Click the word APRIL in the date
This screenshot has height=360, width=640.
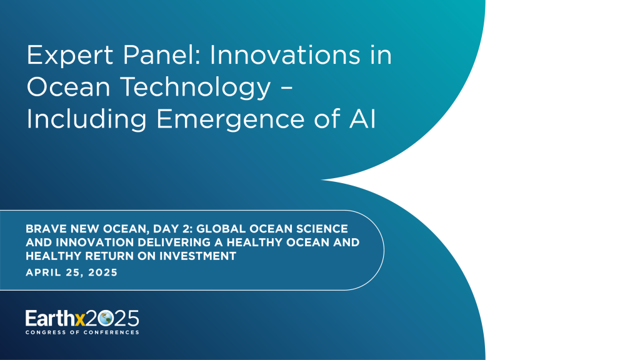(43, 273)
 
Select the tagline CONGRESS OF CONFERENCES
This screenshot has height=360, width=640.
(82, 332)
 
